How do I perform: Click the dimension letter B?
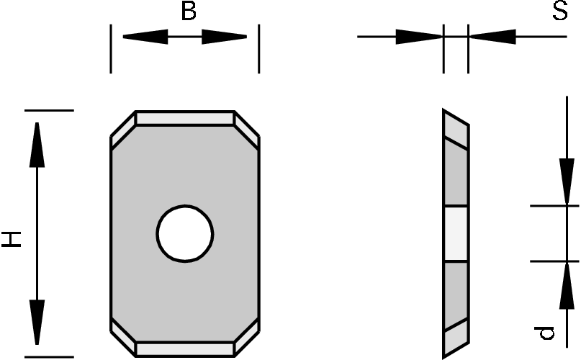click(x=188, y=12)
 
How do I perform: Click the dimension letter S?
click(x=560, y=12)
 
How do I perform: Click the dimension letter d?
click(x=546, y=331)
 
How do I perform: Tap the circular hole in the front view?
click(x=185, y=234)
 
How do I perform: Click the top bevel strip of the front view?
click(x=185, y=117)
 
